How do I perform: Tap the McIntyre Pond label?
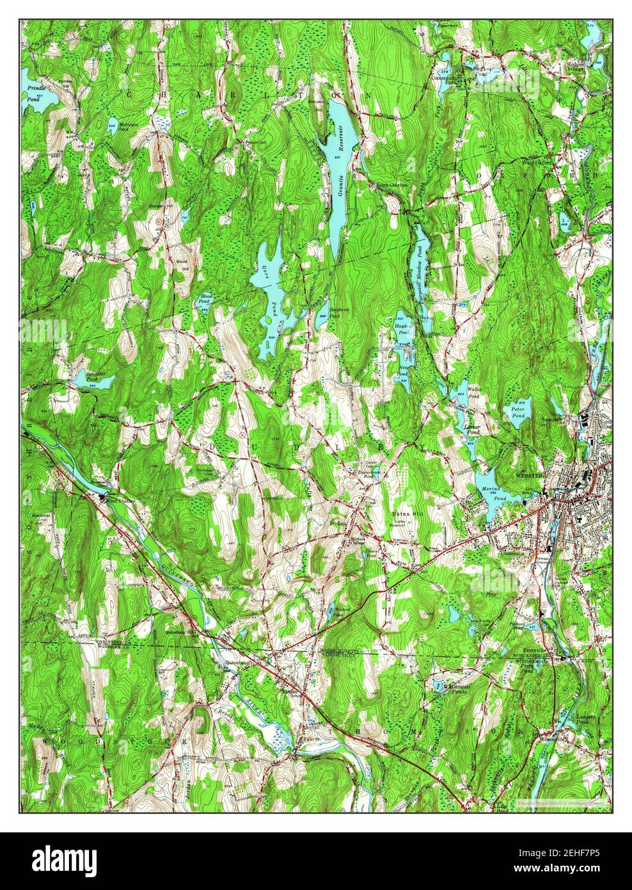(129, 127)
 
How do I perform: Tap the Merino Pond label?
(489, 492)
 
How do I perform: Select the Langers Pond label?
(585, 720)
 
